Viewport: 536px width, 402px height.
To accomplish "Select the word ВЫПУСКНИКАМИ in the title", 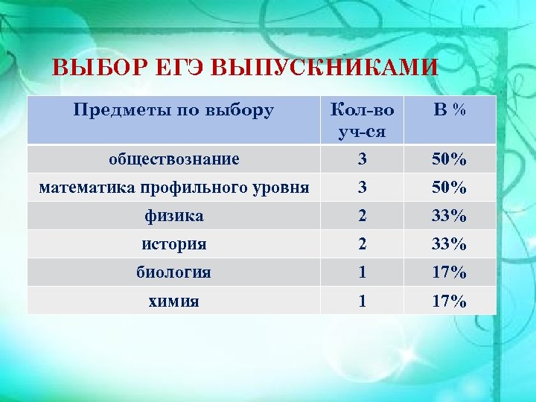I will coord(325,68).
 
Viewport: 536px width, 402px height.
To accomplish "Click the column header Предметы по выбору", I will coord(173,111).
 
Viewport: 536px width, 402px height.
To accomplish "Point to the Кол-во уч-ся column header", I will coord(362,120).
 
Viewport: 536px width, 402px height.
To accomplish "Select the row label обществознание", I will coord(173,159).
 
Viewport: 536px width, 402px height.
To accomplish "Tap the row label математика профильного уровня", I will coord(173,187).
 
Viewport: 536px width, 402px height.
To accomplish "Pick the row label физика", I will coord(173,216).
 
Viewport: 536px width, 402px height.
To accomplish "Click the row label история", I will coord(173,244).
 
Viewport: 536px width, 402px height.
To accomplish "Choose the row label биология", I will coord(173,272).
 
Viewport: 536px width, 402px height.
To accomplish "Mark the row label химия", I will coord(173,301).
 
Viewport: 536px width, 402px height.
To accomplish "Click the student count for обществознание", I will coord(362,159).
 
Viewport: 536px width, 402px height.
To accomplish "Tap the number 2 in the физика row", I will coord(362,216).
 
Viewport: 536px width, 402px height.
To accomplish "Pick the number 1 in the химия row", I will coord(362,301).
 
